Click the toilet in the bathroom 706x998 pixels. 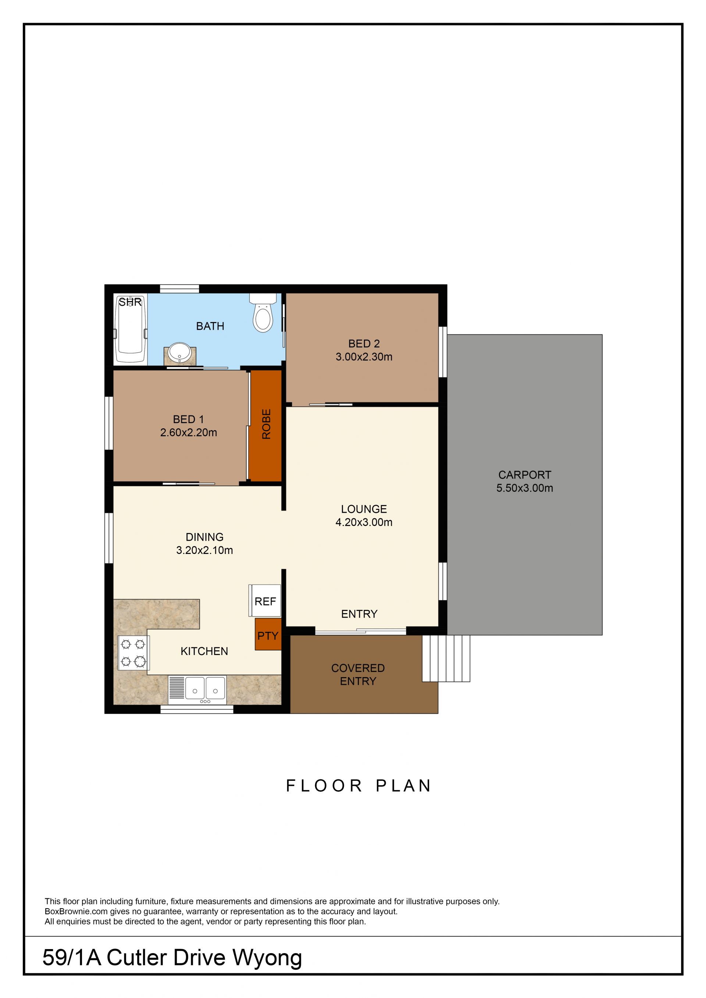coord(263,312)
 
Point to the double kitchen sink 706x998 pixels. coord(197,690)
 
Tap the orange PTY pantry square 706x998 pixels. coord(268,634)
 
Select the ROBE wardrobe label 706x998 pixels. coord(266,424)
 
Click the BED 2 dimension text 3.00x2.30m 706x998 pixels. coord(364,357)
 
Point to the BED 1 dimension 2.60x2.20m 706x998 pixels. coord(189,433)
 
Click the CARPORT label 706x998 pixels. coord(525,475)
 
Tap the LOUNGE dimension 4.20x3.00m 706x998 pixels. coord(364,522)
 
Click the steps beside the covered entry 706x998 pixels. coord(446,658)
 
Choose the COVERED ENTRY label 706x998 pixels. coord(358,674)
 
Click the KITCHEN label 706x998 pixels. coord(204,651)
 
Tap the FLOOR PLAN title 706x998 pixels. coord(358,786)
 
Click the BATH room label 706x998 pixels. coord(210,326)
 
